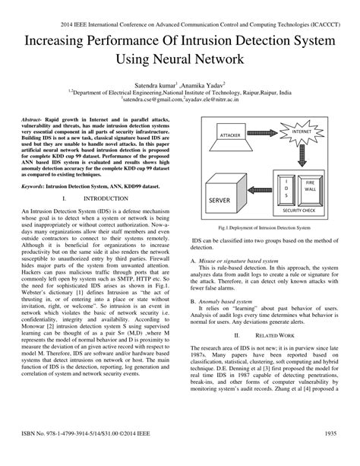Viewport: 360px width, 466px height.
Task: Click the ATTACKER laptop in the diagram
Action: tap(230, 136)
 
